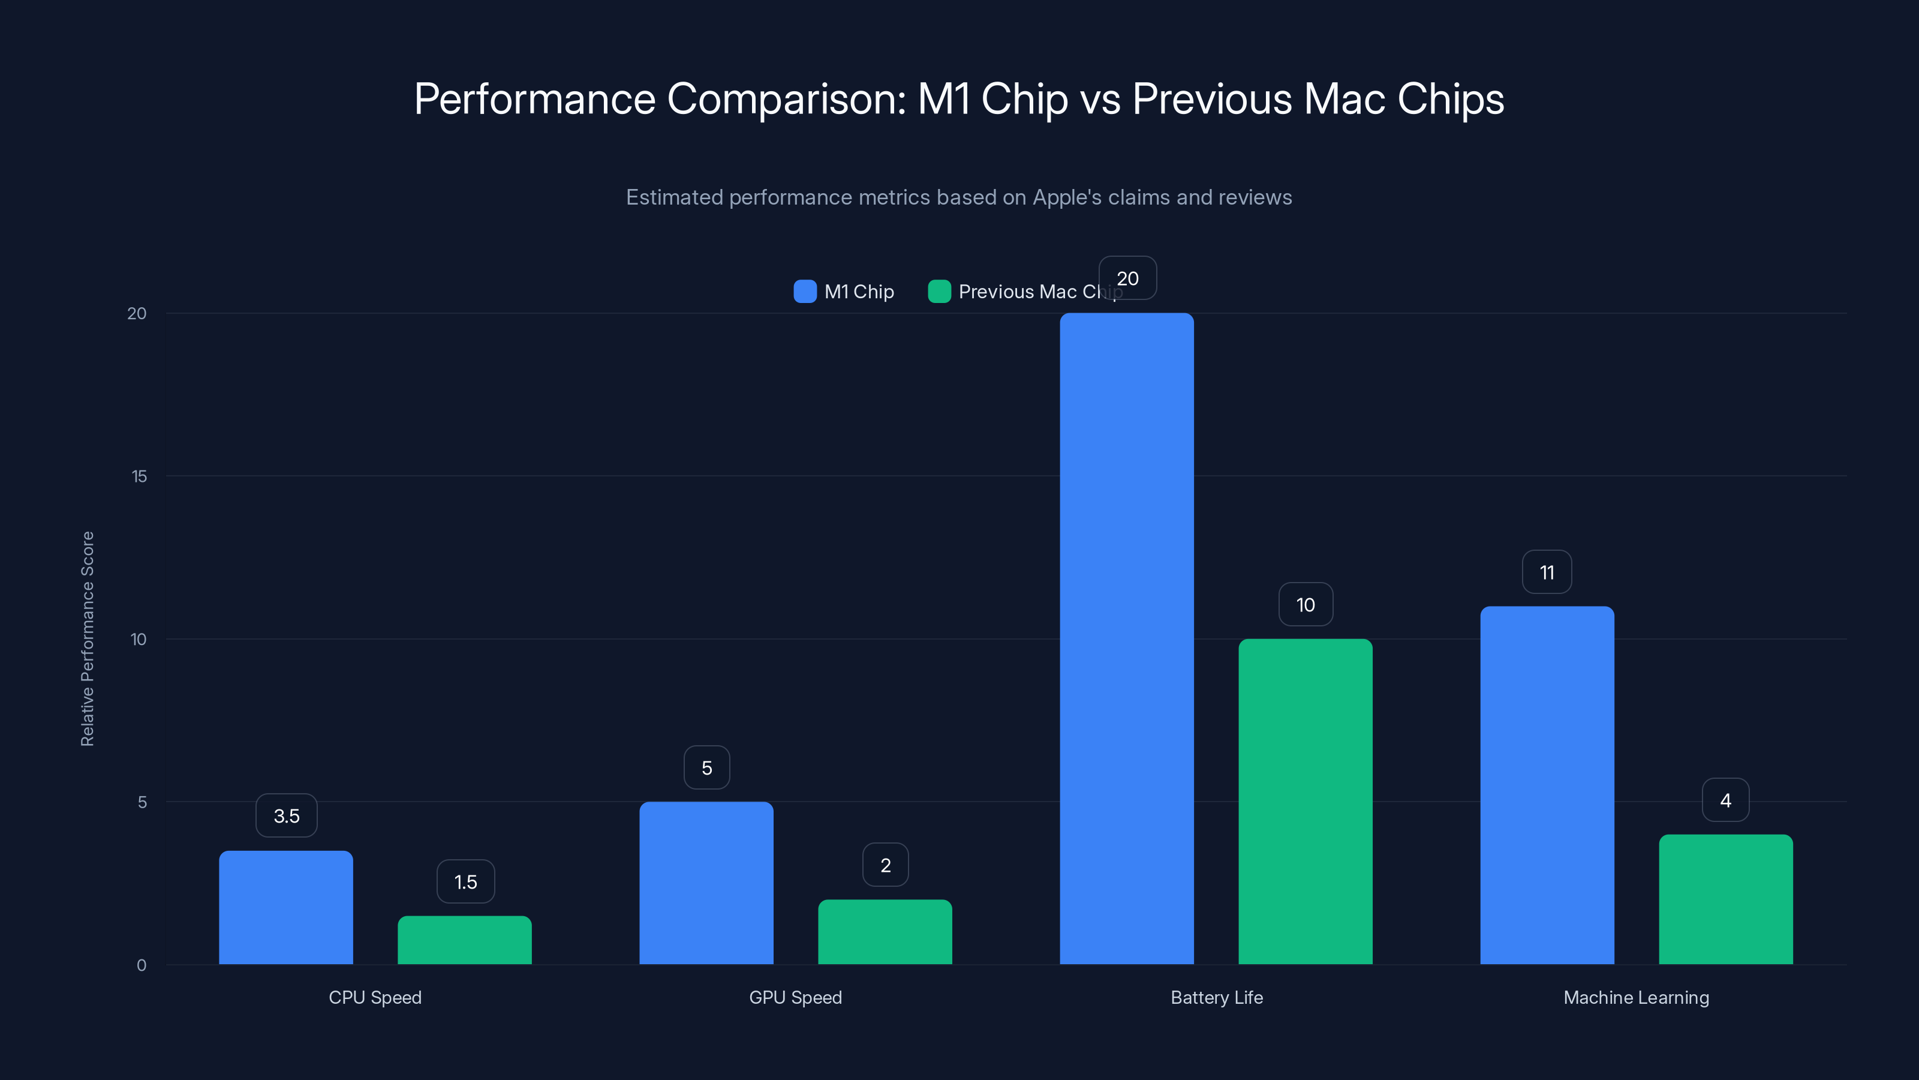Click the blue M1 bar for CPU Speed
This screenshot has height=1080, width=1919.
pos(286,907)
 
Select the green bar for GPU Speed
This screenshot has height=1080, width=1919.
pos(885,932)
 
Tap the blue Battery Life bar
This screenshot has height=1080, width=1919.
pos(1126,639)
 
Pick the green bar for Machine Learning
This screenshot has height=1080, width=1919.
pos(1725,899)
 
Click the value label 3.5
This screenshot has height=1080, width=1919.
pos(286,815)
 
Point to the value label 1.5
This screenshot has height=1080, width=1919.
pos(465,882)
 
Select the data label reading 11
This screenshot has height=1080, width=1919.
pos(1547,572)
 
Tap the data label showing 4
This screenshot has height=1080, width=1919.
pos(1725,800)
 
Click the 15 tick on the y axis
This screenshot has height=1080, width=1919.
pos(139,476)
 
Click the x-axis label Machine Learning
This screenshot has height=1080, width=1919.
pos(1636,997)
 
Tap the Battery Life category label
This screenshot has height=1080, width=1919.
pos(1217,997)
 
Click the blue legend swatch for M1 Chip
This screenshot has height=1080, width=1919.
pos(805,292)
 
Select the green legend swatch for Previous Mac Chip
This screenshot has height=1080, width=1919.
pos(939,292)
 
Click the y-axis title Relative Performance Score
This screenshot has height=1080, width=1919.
pos(87,639)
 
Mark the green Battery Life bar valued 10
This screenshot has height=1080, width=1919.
pos(1305,801)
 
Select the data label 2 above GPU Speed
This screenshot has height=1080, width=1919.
pos(885,865)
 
